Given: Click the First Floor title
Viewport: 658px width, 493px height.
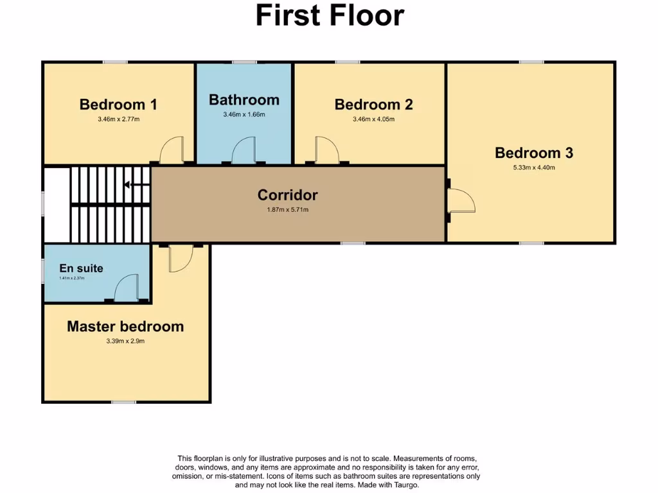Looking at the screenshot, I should coord(330,15).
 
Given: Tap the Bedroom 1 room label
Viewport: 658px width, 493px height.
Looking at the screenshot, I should coord(118,104).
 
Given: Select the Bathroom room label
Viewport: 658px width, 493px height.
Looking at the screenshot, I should coord(244,99).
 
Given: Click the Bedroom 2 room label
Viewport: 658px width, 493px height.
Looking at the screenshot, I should coord(373,104).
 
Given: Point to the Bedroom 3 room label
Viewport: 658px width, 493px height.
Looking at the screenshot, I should coord(533,153).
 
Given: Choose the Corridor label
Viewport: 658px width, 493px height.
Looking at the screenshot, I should coord(287,195).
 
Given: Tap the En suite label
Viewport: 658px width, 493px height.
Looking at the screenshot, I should coord(81,268).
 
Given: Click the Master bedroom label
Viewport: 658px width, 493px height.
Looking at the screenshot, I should coord(125,326).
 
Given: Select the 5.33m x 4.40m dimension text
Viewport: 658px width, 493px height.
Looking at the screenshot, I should coord(533,168).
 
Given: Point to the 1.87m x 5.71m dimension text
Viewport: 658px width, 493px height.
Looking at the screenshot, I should coord(287,210).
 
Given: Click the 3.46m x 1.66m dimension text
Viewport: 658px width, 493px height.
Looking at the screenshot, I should coord(244,115).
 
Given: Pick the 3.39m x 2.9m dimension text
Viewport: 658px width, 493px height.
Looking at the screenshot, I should coord(125,342).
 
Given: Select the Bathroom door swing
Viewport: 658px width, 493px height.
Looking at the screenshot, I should coord(244,151).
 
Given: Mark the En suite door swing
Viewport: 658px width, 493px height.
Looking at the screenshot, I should coord(127,287).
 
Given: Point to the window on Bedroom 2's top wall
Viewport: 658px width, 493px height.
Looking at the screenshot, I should coord(347,62).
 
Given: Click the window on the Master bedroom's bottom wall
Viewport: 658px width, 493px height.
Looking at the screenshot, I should coord(123,402).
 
